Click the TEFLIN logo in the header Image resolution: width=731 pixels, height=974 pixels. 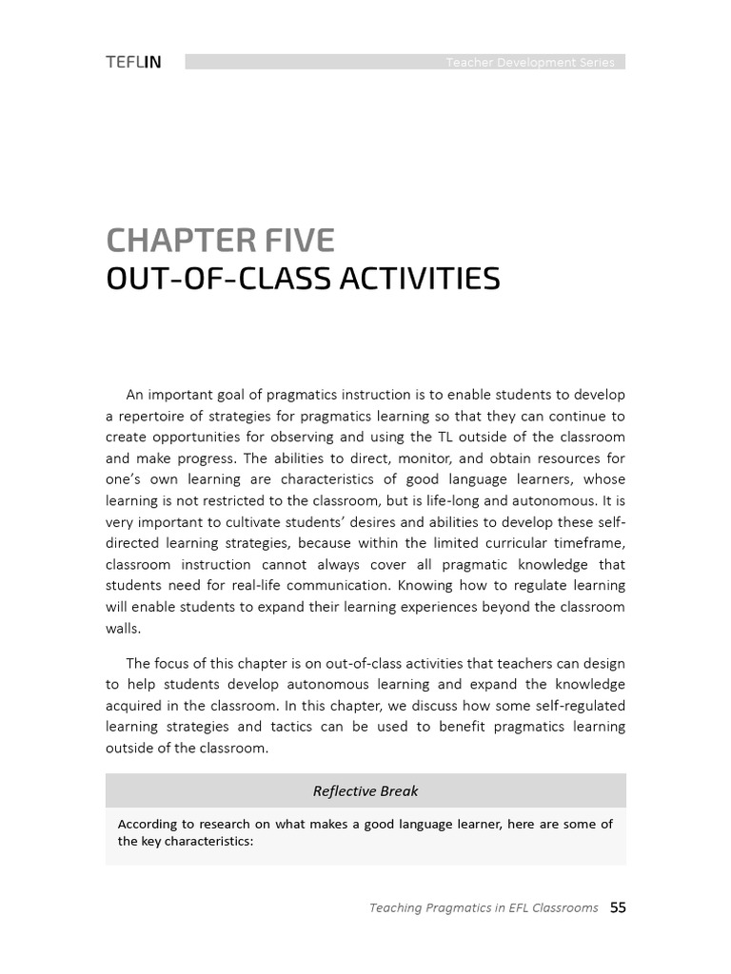(133, 63)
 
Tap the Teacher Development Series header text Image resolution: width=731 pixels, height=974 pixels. (530, 63)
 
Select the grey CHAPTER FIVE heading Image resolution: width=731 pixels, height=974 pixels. (220, 241)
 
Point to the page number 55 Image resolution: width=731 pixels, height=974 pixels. (618, 907)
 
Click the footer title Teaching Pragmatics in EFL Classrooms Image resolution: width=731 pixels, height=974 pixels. (484, 908)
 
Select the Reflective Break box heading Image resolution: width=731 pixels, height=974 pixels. (365, 790)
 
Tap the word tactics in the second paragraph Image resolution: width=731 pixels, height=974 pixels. (285, 727)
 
